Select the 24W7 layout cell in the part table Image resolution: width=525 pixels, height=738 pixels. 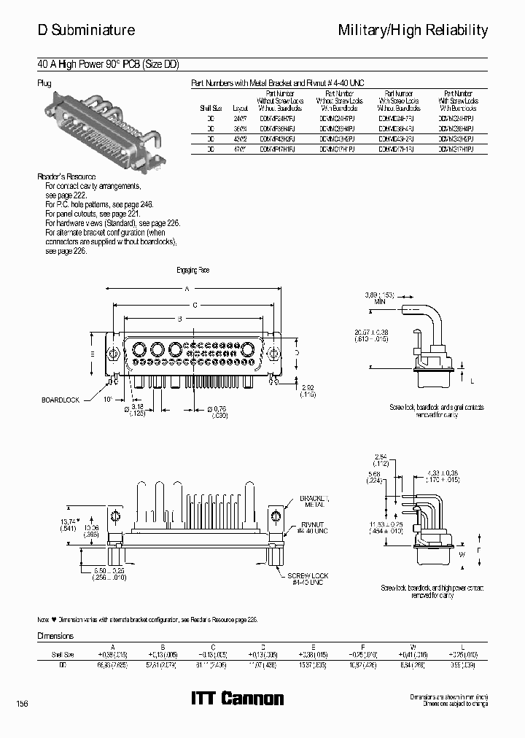coord(241,117)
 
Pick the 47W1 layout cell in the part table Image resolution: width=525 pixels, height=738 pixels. coord(241,148)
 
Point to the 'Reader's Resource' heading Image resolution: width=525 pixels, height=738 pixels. coord(66,177)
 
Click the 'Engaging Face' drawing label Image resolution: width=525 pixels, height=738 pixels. coord(192,271)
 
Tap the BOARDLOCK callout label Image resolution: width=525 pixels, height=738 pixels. coord(61,400)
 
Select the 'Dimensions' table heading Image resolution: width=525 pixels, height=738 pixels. coord(56,636)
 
